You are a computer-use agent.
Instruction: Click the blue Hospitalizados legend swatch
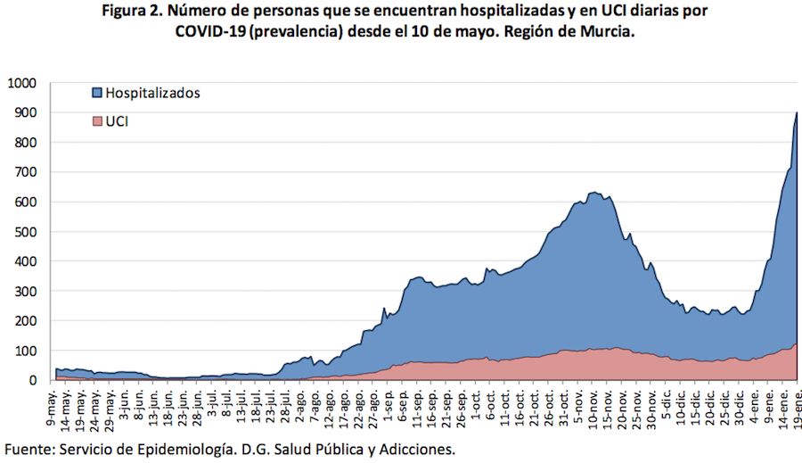coord(97,93)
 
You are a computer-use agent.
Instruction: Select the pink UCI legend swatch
coord(97,121)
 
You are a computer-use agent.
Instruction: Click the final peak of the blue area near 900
coord(796,113)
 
